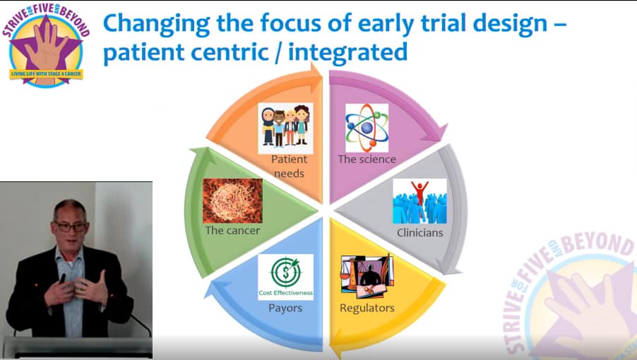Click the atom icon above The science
(367, 128)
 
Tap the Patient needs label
(290, 166)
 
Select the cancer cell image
(232, 200)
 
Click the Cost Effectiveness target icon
(285, 277)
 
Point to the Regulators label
(367, 308)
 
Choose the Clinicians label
(419, 232)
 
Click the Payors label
(285, 308)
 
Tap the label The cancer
(232, 231)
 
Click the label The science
(367, 159)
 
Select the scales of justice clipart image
(367, 277)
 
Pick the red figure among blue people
(419, 193)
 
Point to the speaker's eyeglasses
(71, 227)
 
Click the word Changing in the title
(157, 24)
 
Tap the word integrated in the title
(347, 53)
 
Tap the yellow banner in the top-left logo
(46, 74)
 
